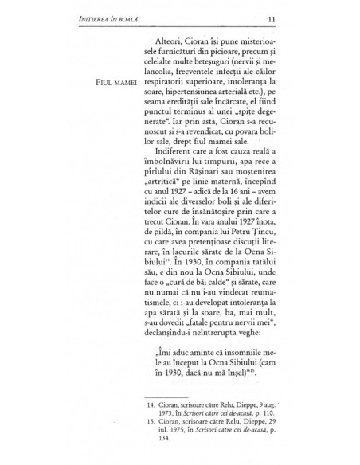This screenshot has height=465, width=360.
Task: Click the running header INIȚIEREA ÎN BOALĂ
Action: point(108,19)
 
